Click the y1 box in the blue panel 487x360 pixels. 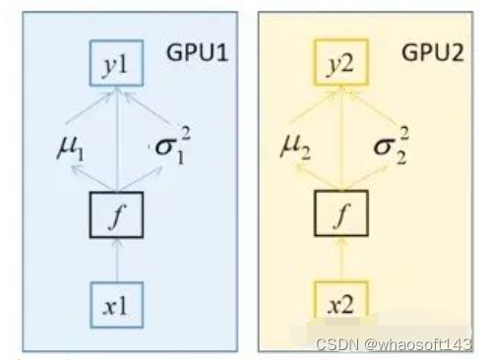116,66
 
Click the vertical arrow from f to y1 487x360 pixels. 116,138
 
